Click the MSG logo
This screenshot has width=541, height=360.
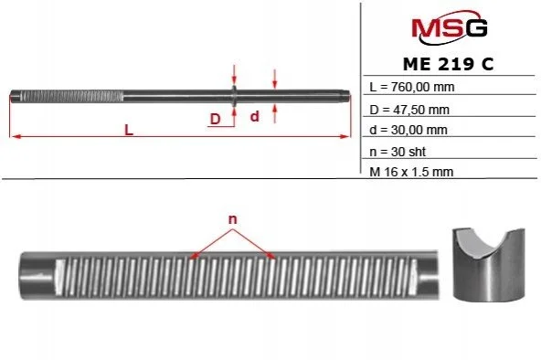point(450,27)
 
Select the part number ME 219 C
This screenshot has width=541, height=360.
point(448,64)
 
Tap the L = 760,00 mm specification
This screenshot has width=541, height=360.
point(412,87)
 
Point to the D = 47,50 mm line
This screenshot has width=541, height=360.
point(409,110)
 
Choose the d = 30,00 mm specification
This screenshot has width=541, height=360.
point(408,130)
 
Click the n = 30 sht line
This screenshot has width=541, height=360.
point(398,152)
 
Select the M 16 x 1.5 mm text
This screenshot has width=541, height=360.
point(411,172)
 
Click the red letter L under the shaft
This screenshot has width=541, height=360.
point(129,130)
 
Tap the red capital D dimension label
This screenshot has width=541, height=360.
point(215,119)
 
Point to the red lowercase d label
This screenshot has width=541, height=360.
point(254,116)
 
